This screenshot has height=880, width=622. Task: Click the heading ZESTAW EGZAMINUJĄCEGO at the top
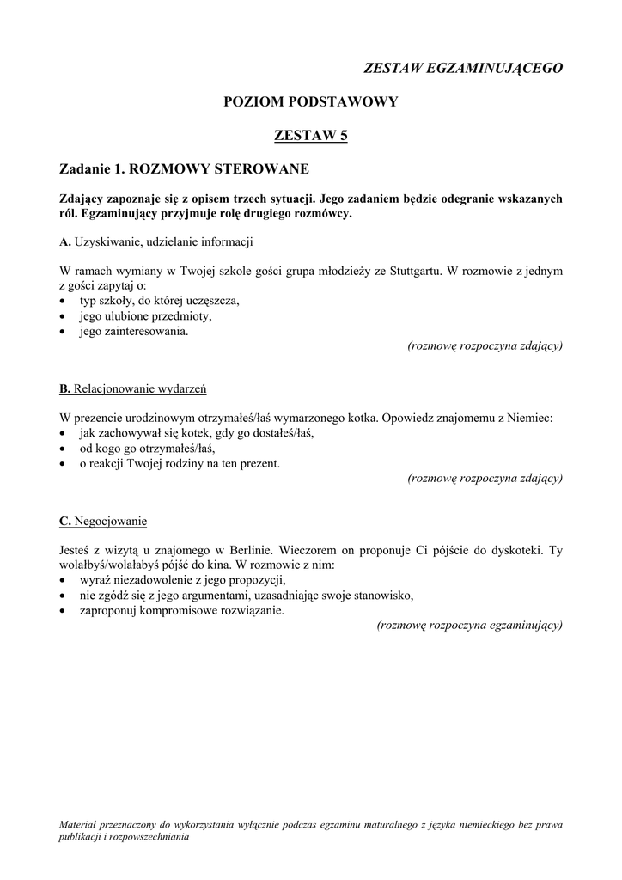pyautogui.click(x=463, y=68)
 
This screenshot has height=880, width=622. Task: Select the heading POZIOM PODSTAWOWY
pyautogui.click(x=310, y=101)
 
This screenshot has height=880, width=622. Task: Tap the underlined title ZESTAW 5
pyautogui.click(x=310, y=135)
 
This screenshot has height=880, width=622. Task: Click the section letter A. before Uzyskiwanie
pyautogui.click(x=65, y=242)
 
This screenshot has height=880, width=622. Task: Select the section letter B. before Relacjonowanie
pyautogui.click(x=65, y=388)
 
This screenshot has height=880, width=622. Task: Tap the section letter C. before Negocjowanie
pyautogui.click(x=65, y=520)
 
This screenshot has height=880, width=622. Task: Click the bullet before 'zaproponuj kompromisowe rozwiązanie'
pyautogui.click(x=65, y=611)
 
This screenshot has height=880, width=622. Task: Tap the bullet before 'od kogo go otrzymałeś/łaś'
pyautogui.click(x=65, y=449)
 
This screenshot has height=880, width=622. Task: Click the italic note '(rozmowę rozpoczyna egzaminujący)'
pyautogui.click(x=470, y=626)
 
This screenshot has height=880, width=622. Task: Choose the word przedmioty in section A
pyautogui.click(x=180, y=315)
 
